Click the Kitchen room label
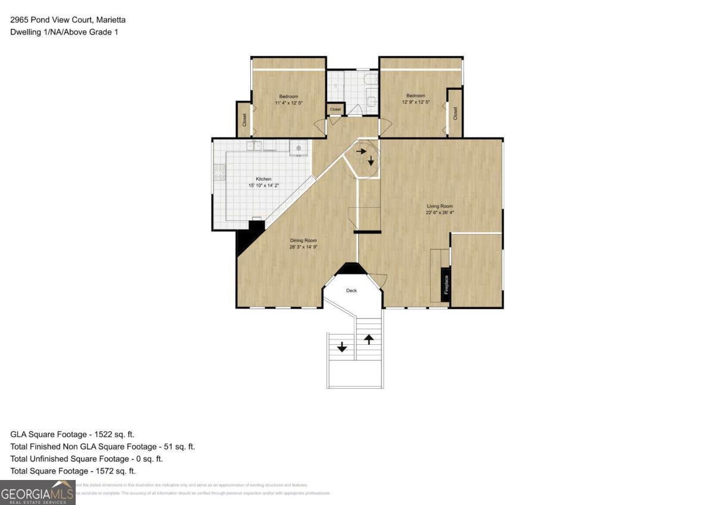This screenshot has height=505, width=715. (x=263, y=179)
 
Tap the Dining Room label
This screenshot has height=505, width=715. (x=299, y=240)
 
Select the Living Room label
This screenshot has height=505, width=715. (x=440, y=206)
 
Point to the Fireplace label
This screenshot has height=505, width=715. (x=446, y=285)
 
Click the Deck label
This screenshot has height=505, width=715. (x=352, y=291)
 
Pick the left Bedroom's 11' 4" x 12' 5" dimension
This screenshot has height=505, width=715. (x=288, y=103)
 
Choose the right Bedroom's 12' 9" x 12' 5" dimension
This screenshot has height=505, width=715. (x=416, y=102)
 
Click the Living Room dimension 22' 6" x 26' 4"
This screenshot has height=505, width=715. (x=440, y=213)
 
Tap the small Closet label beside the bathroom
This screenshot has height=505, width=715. (x=335, y=110)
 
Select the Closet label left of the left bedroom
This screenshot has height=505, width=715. (x=244, y=119)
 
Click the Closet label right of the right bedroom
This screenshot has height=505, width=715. (x=455, y=113)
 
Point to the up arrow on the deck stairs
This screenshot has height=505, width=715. (x=369, y=339)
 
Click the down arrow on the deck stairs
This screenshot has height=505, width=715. (x=342, y=346)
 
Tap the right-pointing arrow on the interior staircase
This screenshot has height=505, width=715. (x=360, y=151)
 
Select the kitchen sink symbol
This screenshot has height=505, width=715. (x=255, y=146)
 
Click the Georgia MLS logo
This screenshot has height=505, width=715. (x=38, y=492)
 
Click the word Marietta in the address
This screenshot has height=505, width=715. (x=108, y=20)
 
